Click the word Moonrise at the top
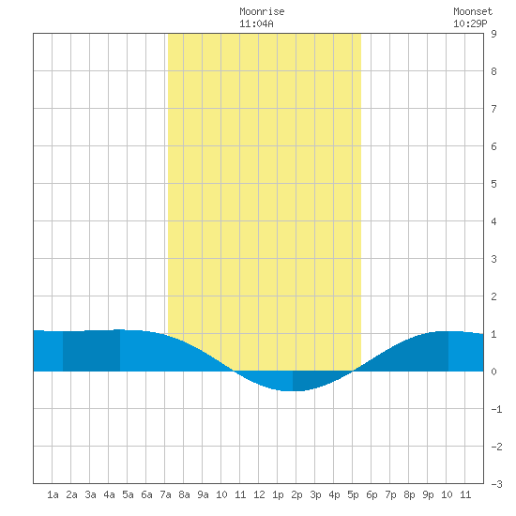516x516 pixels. pyautogui.click(x=262, y=11)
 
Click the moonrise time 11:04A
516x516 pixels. pyautogui.click(x=256, y=23)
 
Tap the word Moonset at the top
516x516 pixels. pyautogui.click(x=473, y=11)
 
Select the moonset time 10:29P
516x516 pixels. pyautogui.click(x=470, y=23)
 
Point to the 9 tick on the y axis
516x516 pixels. pyautogui.click(x=493, y=34)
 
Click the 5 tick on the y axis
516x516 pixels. pyautogui.click(x=493, y=184)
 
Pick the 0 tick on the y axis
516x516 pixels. pyautogui.click(x=493, y=372)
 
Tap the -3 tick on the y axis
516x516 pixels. pyautogui.click(x=496, y=484)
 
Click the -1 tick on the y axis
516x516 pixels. pyautogui.click(x=496, y=409)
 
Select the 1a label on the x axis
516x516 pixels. pyautogui.click(x=53, y=494)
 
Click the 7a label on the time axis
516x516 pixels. pyautogui.click(x=165, y=494)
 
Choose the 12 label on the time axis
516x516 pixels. pyautogui.click(x=259, y=494)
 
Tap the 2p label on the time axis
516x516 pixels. pyautogui.click(x=296, y=494)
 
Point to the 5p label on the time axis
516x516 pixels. pyautogui.click(x=353, y=494)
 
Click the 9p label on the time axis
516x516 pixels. pyautogui.click(x=428, y=494)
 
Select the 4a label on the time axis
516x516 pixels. pyautogui.click(x=109, y=494)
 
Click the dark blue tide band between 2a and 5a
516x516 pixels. pyautogui.click(x=91, y=351)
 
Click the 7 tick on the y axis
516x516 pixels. pyautogui.click(x=493, y=109)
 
